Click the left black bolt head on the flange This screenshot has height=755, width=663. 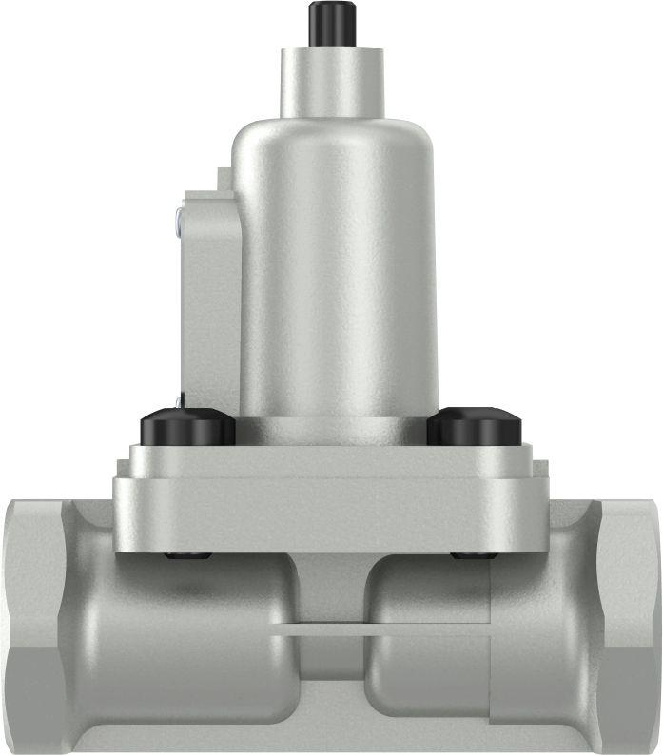coord(187,428)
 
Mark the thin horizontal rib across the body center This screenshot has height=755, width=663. coord(333,629)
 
